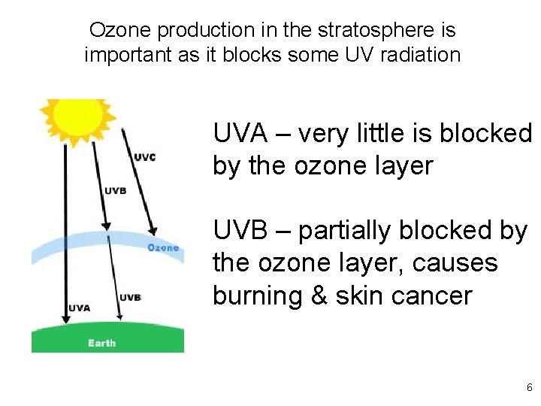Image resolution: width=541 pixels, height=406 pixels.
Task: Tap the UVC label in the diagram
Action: click(x=145, y=157)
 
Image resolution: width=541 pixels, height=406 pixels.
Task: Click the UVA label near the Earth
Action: click(x=80, y=307)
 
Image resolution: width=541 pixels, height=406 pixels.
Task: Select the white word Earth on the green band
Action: click(x=101, y=343)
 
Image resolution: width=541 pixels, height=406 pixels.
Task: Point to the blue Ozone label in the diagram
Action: click(x=163, y=247)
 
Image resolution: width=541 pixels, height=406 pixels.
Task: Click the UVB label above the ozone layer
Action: click(x=115, y=190)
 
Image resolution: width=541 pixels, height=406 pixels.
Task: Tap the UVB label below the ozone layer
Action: click(x=130, y=297)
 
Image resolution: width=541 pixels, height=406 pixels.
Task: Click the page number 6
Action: click(x=529, y=388)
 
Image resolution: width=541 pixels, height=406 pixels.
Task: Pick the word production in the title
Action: click(x=192, y=31)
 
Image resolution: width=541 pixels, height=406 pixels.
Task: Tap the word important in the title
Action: click(x=135, y=55)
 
